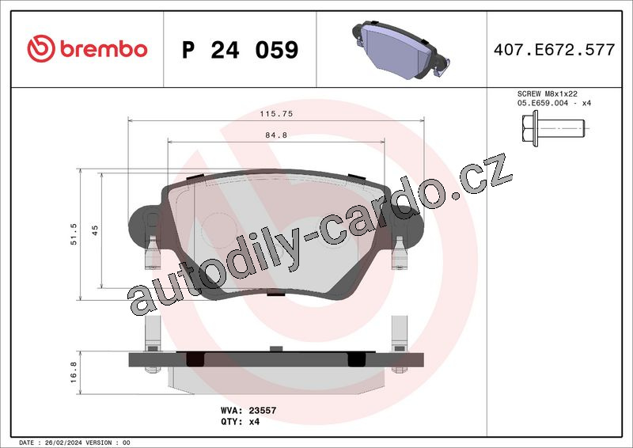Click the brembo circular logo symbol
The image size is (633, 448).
(x=41, y=48)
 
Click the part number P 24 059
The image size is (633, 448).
(x=241, y=50)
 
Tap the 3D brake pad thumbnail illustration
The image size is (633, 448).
(x=401, y=49)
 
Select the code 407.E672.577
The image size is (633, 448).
(x=554, y=49)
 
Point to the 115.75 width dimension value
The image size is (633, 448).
(x=276, y=114)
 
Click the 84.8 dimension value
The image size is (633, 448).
(x=276, y=135)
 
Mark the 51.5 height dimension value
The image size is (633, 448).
(x=74, y=234)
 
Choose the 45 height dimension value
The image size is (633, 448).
(x=95, y=230)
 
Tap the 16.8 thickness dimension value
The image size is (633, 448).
(x=73, y=372)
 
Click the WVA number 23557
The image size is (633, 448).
(x=263, y=411)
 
